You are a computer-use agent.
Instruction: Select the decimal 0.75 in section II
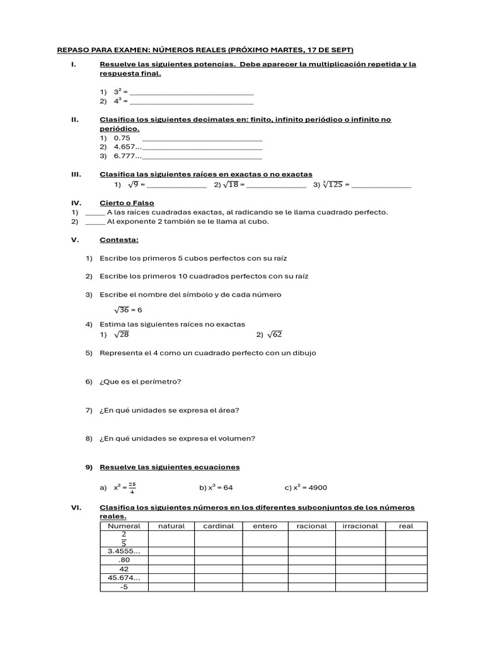pyautogui.click(x=122, y=138)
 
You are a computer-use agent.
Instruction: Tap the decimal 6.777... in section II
pyautogui.click(x=127, y=156)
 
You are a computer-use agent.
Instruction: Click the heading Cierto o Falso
pyautogui.click(x=127, y=203)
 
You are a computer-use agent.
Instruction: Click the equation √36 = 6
pyautogui.click(x=128, y=310)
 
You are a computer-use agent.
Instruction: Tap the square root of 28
pyautogui.click(x=121, y=335)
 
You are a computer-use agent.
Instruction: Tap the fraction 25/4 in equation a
pyautogui.click(x=132, y=488)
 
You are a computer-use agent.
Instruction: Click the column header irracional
pyautogui.click(x=360, y=526)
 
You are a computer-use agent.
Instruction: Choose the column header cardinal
pyautogui.click(x=219, y=526)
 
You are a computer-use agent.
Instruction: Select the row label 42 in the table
pyautogui.click(x=124, y=569)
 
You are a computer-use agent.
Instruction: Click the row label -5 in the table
pyautogui.click(x=124, y=587)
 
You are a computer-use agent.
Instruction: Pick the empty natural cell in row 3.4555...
pyautogui.click(x=171, y=551)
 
